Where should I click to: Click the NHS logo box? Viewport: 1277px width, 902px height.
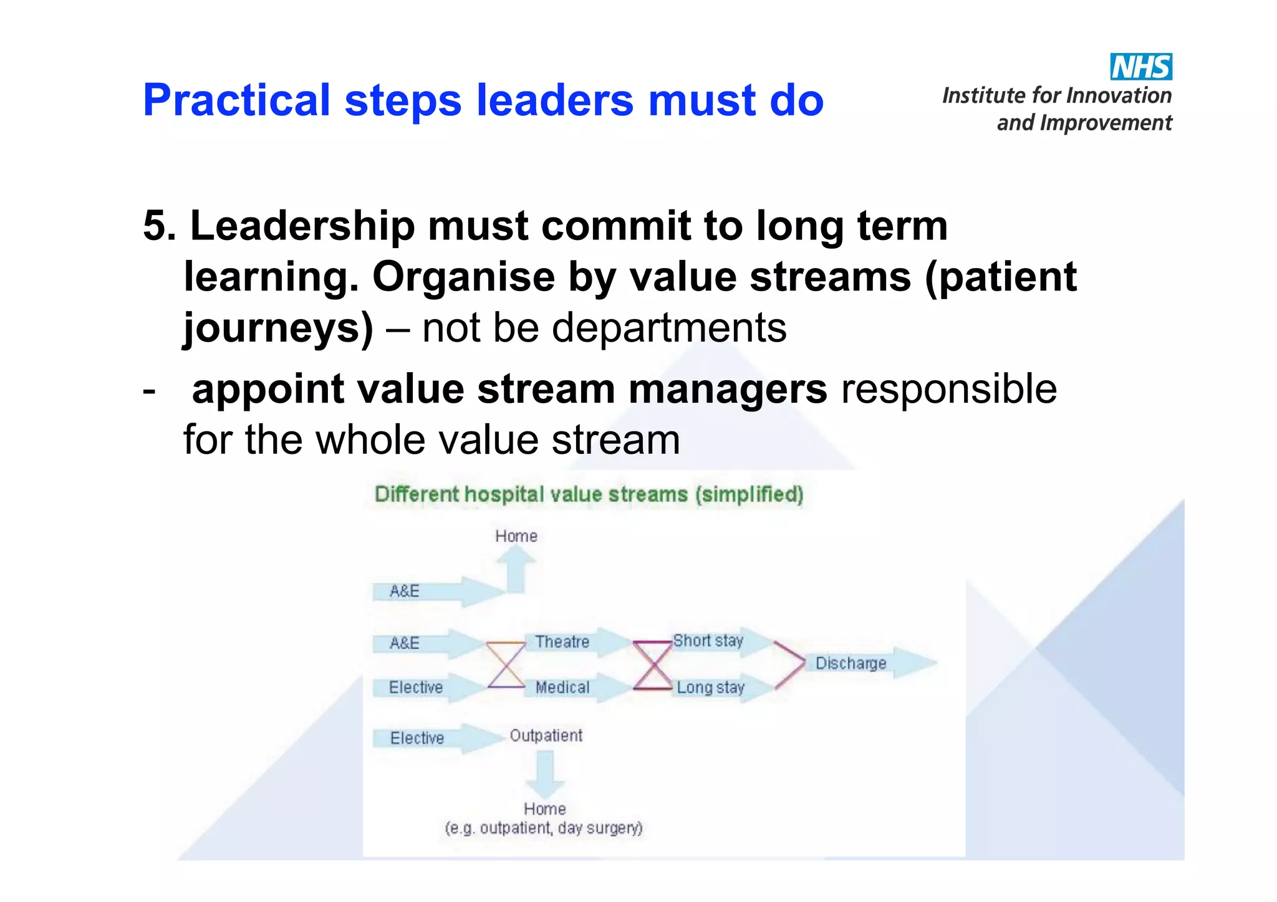[x=1140, y=67]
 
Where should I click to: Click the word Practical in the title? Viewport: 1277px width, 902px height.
[x=236, y=100]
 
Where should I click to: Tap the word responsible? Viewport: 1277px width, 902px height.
[x=948, y=389]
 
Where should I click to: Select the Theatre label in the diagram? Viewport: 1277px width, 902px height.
[x=562, y=641]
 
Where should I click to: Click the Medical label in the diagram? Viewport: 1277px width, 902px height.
[x=562, y=687]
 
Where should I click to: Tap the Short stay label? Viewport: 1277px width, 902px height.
[x=708, y=641]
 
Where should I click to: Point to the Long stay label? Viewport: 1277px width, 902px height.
[x=710, y=688]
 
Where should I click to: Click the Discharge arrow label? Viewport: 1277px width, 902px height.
[x=851, y=663]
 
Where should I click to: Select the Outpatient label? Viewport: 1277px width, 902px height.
[x=546, y=736]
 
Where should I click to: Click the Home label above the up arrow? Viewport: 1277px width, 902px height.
[x=516, y=536]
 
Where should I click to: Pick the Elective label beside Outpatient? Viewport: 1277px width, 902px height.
[x=417, y=738]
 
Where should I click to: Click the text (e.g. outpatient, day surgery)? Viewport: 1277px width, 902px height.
[x=543, y=828]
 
